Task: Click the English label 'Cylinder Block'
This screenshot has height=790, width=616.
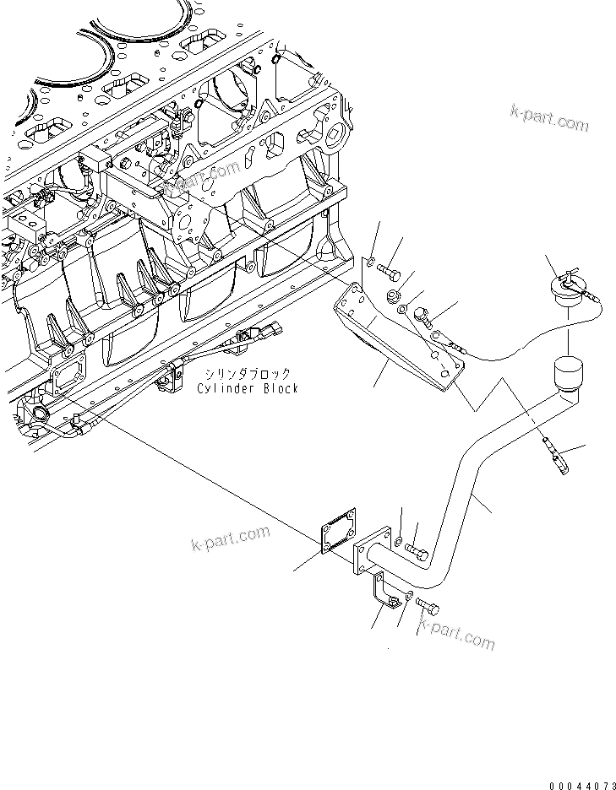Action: (247, 388)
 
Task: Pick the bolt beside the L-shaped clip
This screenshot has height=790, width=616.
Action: (428, 605)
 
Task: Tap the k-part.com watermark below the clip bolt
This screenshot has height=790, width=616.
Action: (456, 636)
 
